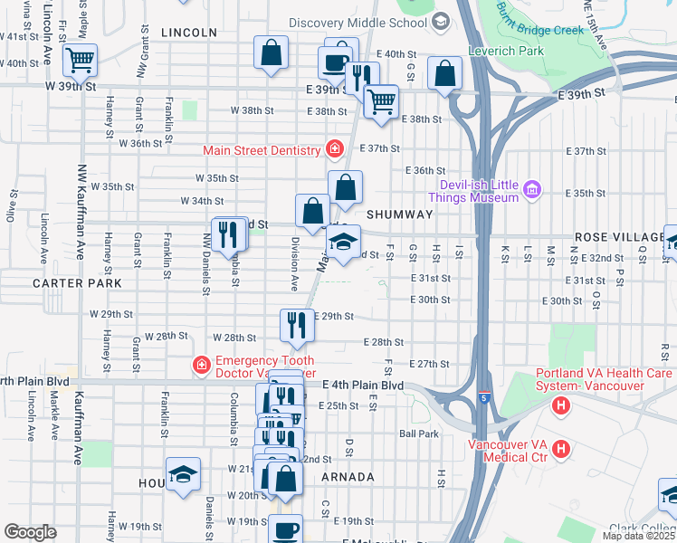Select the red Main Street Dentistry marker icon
click(x=335, y=149)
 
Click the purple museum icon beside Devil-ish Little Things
click(x=532, y=189)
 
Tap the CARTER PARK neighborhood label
click(x=71, y=283)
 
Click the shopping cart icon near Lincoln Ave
click(x=80, y=61)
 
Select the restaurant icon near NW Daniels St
click(x=230, y=233)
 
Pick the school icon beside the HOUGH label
click(x=183, y=473)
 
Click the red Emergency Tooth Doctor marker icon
click(x=200, y=366)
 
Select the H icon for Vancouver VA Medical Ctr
click(x=561, y=448)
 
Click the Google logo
click(x=30, y=532)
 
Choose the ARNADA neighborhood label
click(x=347, y=477)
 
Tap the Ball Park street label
click(x=419, y=433)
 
